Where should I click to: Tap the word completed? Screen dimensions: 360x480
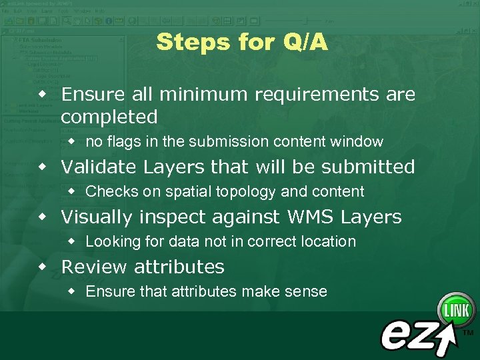109,117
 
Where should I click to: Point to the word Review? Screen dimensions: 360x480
95,267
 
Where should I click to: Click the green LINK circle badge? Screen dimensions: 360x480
455,310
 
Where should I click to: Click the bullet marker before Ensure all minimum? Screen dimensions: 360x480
43,94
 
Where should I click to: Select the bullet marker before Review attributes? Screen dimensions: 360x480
43,267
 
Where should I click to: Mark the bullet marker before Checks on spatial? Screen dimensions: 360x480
72,192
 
